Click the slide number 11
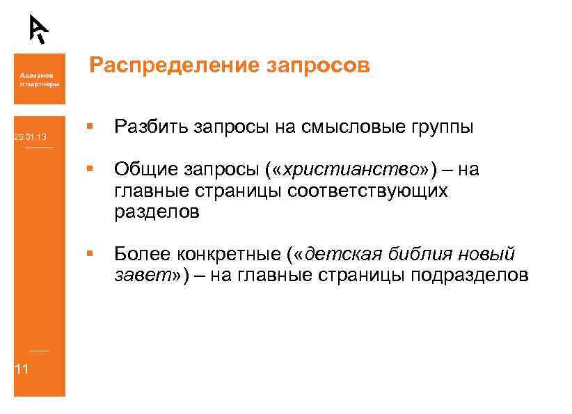click(x=22, y=369)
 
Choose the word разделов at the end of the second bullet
click(x=157, y=212)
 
